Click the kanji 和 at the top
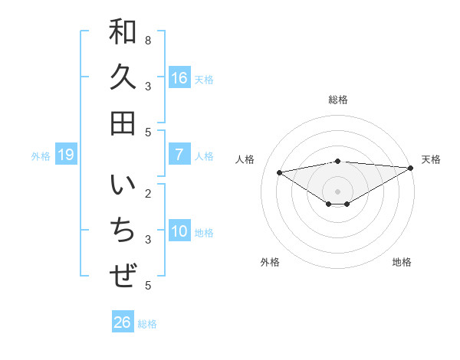coord(123,32)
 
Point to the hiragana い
coord(123,186)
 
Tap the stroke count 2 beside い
coord(147,193)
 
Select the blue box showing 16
coord(179,78)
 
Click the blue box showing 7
coord(179,155)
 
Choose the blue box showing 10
coord(179,231)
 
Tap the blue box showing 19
coord(66,155)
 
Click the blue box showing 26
coord(123,322)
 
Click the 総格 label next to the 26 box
coord(147,324)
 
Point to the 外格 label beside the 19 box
coord(41,156)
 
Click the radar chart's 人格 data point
coord(279,172)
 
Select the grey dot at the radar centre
coord(337,191)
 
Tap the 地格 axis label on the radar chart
coord(402,262)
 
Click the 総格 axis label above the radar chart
coord(337,100)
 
